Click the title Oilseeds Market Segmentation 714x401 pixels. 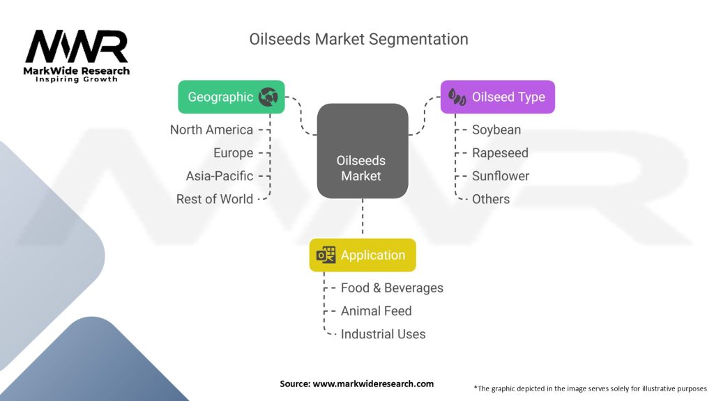click(358, 39)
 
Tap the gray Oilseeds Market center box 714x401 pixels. click(362, 150)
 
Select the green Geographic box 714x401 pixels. click(231, 97)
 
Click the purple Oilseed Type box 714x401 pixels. click(497, 97)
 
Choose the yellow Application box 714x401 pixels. click(363, 255)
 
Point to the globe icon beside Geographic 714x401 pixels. click(268, 97)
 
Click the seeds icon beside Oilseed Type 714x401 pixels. click(457, 97)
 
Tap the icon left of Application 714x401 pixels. click(326, 255)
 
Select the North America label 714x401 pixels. click(211, 130)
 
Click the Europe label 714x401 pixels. click(233, 153)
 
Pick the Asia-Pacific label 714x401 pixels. click(220, 176)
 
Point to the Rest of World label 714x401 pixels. click(215, 199)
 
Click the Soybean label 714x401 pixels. click(496, 130)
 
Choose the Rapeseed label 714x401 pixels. click(500, 153)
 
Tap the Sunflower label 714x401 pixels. click(501, 176)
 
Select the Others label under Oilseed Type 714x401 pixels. click(491, 199)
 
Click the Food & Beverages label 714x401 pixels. click(392, 288)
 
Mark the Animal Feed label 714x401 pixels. click(377, 311)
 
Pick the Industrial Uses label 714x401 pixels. click(383, 334)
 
